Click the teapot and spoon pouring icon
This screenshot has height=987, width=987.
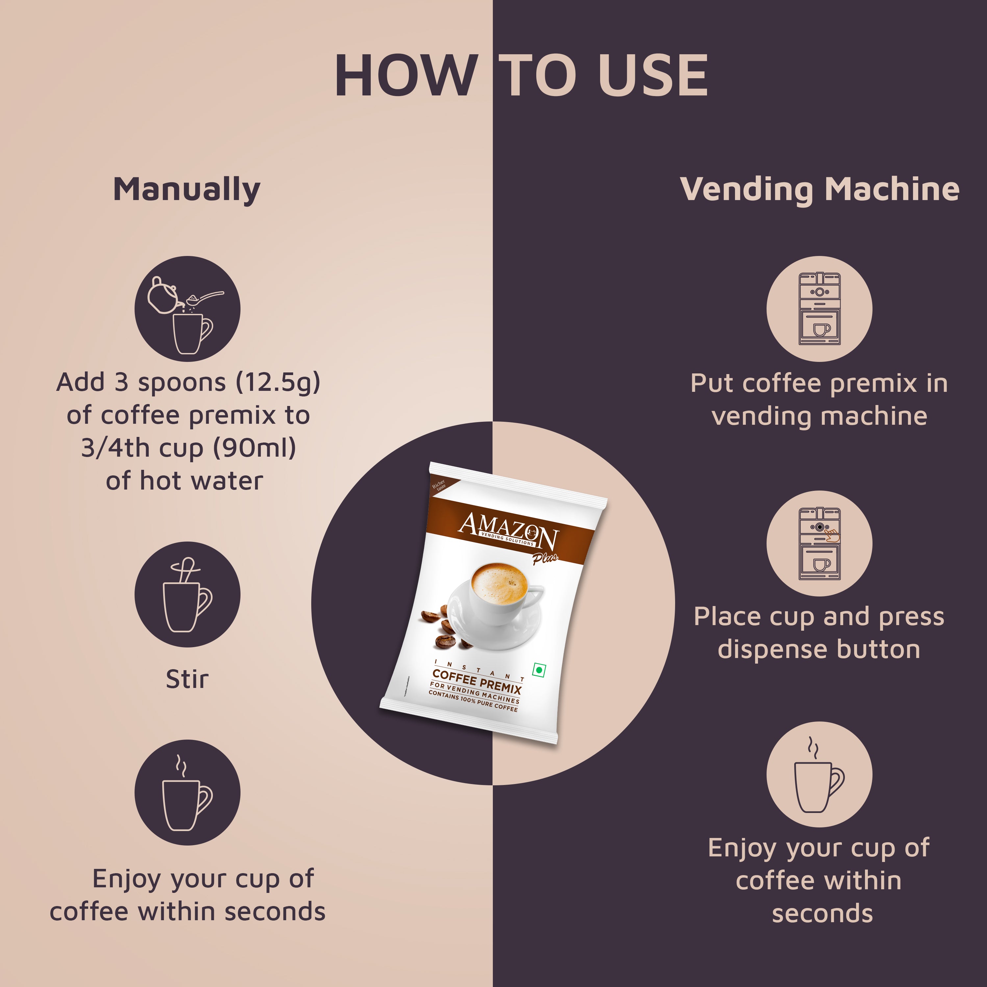(187, 309)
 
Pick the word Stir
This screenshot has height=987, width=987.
(187, 679)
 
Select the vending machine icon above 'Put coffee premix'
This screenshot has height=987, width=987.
(820, 309)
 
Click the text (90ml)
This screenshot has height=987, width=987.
(254, 448)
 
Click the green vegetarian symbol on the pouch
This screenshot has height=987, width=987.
(539, 670)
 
